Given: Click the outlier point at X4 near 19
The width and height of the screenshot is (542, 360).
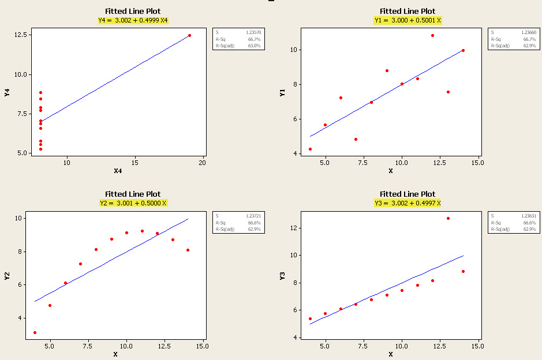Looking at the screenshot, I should [x=189, y=35].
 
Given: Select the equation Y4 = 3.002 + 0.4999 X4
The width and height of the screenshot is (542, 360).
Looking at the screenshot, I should [x=133, y=20].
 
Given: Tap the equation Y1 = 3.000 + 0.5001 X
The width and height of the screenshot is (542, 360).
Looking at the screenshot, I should [x=408, y=20].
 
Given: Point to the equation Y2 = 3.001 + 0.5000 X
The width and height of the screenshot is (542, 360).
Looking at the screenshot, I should [x=133, y=203].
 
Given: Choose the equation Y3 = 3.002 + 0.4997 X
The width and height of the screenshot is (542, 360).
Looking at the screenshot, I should [x=408, y=203].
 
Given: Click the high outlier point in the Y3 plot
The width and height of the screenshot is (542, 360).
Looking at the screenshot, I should [x=448, y=218].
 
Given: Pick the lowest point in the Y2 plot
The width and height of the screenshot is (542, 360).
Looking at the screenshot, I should [x=35, y=332].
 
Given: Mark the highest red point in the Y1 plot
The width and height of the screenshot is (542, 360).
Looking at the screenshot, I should [x=432, y=35].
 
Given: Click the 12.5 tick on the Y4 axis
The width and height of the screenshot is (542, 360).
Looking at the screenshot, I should [x=23, y=35].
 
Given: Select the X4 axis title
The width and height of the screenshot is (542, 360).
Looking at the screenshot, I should [x=118, y=171].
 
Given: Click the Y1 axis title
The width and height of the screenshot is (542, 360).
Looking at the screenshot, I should [x=282, y=92].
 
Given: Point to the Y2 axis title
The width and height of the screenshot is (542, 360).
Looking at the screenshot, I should [x=7, y=276].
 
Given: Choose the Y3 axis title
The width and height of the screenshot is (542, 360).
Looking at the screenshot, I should [x=282, y=276].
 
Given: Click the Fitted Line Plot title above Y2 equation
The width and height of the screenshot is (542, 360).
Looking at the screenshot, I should [x=133, y=194].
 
